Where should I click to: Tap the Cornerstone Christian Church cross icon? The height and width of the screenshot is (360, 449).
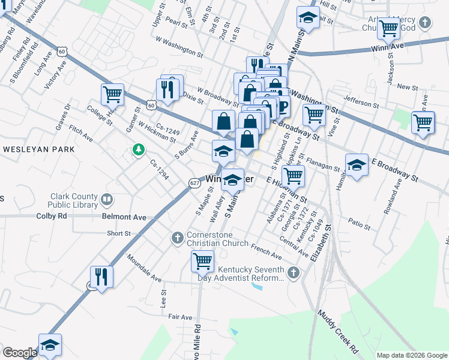pos(177,238)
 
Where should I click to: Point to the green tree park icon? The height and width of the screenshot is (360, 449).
pos(139,149)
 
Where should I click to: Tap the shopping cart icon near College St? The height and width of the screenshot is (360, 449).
pos(112,94)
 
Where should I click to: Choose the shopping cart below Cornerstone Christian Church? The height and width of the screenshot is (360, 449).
pos(203,261)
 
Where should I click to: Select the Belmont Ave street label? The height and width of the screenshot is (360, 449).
pos(124,216)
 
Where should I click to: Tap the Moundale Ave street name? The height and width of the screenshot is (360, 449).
pos(144,268)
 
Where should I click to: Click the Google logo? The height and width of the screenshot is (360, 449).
pos(20,352)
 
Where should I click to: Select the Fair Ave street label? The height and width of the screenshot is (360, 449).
pos(180,317)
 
